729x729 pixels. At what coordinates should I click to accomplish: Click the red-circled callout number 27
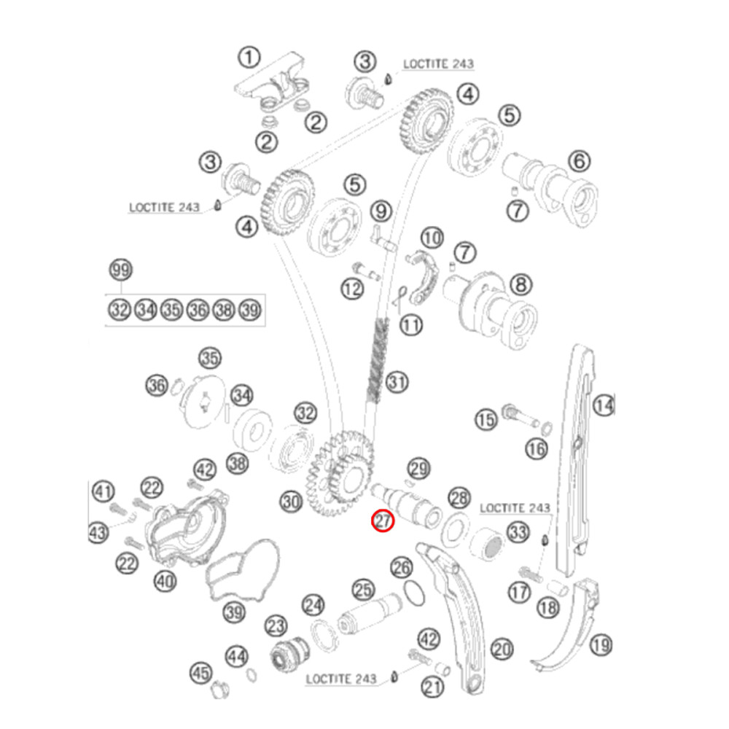pos(383,521)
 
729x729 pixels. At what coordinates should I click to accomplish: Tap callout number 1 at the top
pos(249,58)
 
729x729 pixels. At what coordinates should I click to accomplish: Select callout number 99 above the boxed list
pos(121,270)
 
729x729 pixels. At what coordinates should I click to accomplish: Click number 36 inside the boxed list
pos(198,310)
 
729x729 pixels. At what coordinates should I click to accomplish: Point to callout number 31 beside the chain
pos(397,382)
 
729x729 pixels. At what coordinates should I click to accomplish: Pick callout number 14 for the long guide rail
pos(604,406)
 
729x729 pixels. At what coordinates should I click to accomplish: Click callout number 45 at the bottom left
pos(201,673)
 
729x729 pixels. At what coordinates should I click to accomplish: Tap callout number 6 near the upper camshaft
pos(580,161)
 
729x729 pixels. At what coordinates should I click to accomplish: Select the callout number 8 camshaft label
pos(521,284)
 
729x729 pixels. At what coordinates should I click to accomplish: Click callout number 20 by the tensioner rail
pos(502,649)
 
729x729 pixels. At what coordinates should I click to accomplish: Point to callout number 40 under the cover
pos(165,581)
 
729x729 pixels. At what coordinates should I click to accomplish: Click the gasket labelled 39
pos(242,571)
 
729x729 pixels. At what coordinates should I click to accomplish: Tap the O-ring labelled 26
pos(414,593)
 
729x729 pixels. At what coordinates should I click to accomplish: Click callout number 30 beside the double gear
pos(292,502)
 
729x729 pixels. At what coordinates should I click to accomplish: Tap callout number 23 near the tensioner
pos(276,626)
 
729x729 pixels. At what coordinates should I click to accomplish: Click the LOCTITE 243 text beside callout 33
pos(515,508)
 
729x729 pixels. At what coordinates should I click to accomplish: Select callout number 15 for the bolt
pos(486,421)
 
